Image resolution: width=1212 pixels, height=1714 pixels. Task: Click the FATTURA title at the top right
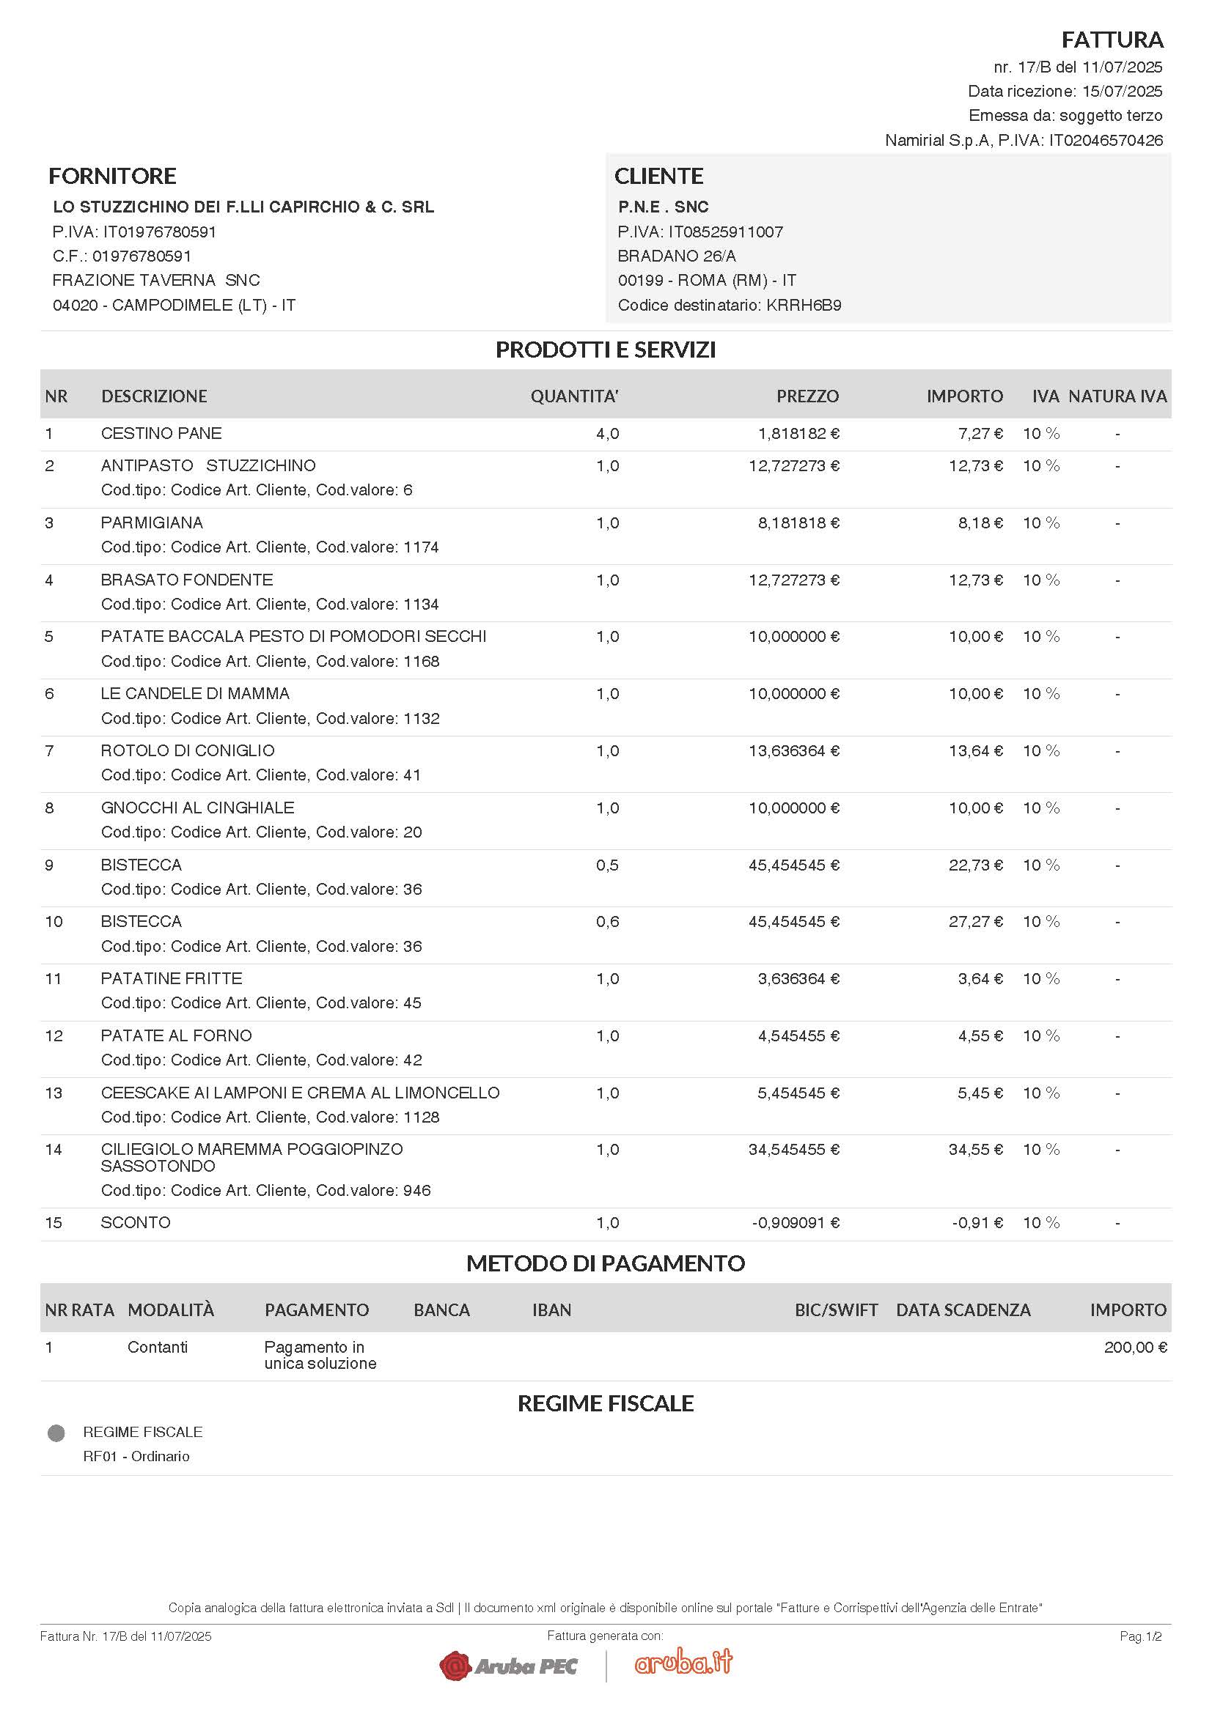click(x=1112, y=40)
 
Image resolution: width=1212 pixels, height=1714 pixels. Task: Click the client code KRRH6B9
click(x=804, y=306)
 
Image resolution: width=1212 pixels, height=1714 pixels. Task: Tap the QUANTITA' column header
click(x=574, y=396)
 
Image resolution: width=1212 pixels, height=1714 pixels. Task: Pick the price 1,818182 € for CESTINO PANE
click(x=798, y=434)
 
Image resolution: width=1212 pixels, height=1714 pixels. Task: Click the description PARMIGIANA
click(x=152, y=522)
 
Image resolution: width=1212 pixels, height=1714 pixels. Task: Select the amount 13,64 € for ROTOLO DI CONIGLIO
click(x=975, y=751)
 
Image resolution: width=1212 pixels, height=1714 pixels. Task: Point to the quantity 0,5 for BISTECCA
click(x=607, y=865)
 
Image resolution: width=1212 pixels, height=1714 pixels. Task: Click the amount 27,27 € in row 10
click(x=975, y=922)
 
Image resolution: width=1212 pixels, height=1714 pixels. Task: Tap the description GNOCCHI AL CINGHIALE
click(x=197, y=808)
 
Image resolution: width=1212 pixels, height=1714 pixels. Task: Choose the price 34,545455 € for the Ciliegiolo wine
click(x=794, y=1150)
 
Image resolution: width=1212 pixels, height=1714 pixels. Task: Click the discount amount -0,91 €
click(x=977, y=1223)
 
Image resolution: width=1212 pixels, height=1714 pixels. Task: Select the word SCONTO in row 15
click(x=135, y=1223)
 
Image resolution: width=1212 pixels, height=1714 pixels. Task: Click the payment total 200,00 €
click(x=1135, y=1348)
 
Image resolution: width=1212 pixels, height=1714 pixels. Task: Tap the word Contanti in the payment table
click(x=158, y=1348)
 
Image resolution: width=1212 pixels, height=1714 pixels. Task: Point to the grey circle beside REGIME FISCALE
click(x=56, y=1433)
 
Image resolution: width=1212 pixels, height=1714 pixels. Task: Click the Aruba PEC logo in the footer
click(x=509, y=1666)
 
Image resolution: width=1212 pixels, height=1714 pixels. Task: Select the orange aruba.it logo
click(x=683, y=1663)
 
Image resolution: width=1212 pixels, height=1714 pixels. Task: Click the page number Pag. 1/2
click(x=1140, y=1636)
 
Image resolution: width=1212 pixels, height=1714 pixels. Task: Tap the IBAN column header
click(x=551, y=1310)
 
